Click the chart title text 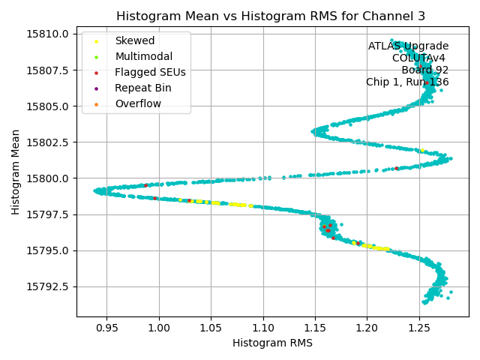click(x=272, y=16)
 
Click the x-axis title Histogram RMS click(x=272, y=343)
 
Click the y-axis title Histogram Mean click(x=16, y=172)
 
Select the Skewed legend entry click(x=135, y=40)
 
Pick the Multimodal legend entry click(x=143, y=56)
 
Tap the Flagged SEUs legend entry click(x=150, y=72)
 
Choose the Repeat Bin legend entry click(x=142, y=88)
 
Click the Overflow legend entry click(x=138, y=103)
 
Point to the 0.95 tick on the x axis click(x=106, y=328)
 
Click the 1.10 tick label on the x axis click(x=262, y=328)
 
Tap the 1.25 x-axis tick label click(x=418, y=328)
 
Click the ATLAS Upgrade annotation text click(x=408, y=46)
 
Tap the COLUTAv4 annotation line click(x=420, y=58)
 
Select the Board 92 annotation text click(x=424, y=70)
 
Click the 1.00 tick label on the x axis click(x=159, y=328)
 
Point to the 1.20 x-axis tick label click(x=367, y=328)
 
